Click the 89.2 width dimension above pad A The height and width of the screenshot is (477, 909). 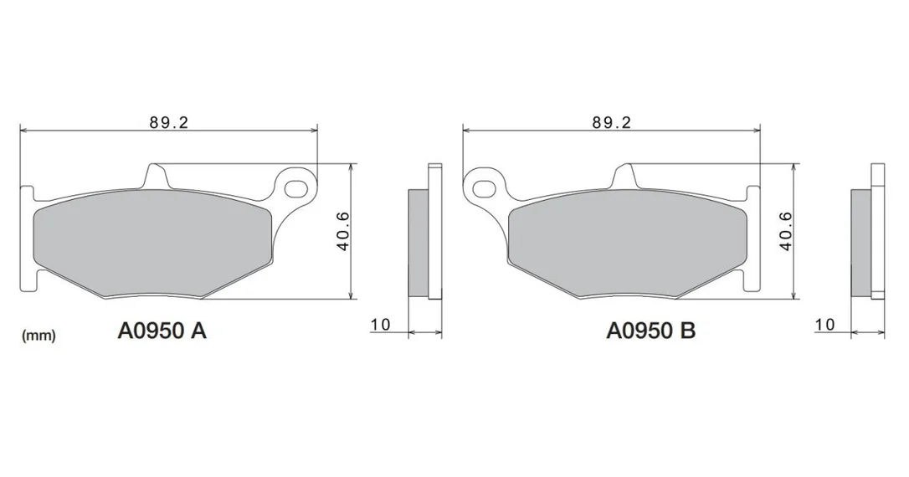[x=169, y=122]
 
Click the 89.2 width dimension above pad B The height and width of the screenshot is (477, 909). [x=612, y=122]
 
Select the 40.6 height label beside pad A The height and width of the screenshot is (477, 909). [x=343, y=231]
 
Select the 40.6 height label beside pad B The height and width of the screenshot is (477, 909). [x=785, y=231]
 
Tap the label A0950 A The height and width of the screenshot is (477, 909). [x=162, y=331]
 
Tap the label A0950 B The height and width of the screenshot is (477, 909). [x=651, y=331]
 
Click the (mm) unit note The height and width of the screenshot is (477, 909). [x=39, y=335]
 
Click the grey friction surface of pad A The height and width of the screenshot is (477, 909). [x=152, y=244]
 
